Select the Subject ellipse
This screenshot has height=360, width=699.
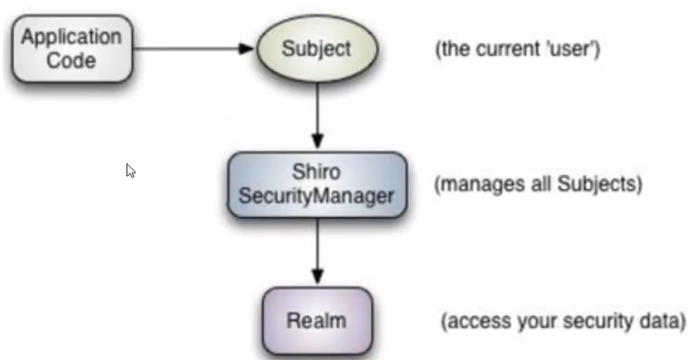(x=317, y=49)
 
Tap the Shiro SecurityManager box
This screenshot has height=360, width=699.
(x=317, y=185)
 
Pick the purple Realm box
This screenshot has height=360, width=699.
(x=317, y=320)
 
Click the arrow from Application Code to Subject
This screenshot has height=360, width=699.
(x=190, y=49)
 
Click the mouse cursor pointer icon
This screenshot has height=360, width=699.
(x=130, y=170)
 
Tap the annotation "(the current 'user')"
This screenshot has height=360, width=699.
(x=517, y=49)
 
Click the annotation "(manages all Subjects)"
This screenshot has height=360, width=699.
(x=537, y=183)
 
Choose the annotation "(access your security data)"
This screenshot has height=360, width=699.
(x=564, y=320)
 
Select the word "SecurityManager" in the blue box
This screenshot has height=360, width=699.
(x=317, y=197)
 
